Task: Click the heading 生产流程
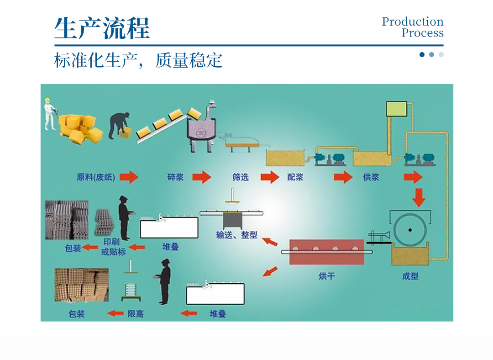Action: coord(102,28)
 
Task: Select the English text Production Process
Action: coord(413,27)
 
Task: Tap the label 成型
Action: coord(410,276)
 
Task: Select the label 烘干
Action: coord(326,276)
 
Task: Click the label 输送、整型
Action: coord(236,235)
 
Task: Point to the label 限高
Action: coord(135,314)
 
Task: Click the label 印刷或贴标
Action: coord(113,247)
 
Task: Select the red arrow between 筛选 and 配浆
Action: coord(269,177)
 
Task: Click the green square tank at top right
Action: coord(397,109)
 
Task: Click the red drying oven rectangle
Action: coord(326,252)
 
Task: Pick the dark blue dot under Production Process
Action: coord(422,54)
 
